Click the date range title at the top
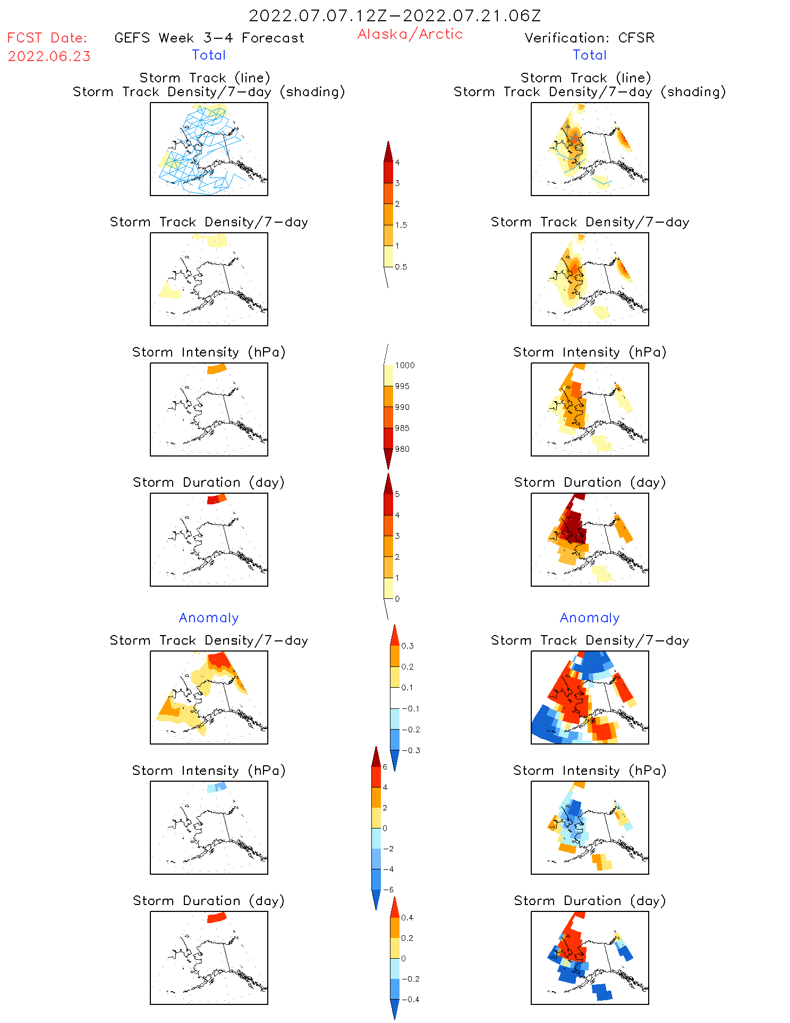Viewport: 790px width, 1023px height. (395, 16)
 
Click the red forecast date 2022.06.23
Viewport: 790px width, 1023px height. (49, 56)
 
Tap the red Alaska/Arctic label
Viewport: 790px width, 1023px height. (410, 34)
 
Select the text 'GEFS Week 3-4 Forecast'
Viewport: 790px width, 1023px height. (209, 38)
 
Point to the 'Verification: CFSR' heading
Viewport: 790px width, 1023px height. (589, 38)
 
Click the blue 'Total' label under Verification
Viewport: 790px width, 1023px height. (589, 55)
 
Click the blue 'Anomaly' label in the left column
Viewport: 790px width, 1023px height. (209, 618)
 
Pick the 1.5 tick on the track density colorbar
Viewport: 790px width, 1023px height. (401, 225)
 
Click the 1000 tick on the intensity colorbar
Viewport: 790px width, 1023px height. (404, 365)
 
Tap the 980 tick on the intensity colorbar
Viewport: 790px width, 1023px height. (402, 449)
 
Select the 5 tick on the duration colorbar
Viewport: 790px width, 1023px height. (397, 494)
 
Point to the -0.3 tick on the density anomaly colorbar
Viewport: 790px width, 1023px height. (411, 750)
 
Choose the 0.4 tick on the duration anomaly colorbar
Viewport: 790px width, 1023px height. (407, 917)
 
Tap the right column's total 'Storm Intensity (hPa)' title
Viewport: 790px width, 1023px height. (589, 352)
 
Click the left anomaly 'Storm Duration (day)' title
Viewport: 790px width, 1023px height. (209, 900)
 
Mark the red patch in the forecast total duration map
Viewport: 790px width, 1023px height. (213, 500)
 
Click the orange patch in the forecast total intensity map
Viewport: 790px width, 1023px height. (216, 369)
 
